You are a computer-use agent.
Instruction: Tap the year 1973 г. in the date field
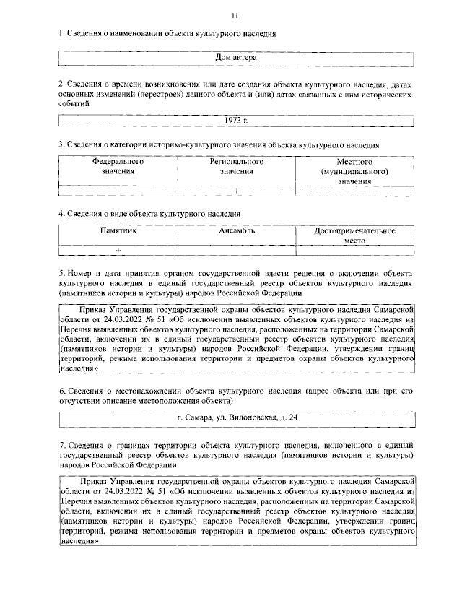click(236, 118)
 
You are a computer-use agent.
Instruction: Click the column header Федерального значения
click(118, 167)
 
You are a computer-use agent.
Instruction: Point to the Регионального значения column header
click(236, 167)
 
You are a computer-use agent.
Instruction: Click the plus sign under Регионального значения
click(236, 191)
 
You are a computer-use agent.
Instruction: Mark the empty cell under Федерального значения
click(118, 191)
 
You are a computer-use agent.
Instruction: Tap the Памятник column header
click(118, 231)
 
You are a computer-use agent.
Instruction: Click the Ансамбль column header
click(236, 231)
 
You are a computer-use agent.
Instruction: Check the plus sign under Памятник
click(118, 250)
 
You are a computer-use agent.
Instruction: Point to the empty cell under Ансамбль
click(236, 250)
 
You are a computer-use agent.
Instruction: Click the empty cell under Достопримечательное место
click(354, 250)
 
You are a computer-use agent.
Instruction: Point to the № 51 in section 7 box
click(153, 490)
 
